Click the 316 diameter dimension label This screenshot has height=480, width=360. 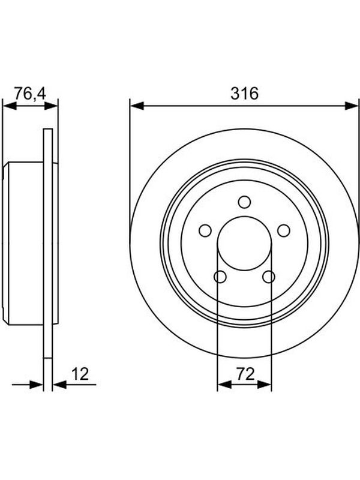pyautogui.click(x=244, y=93)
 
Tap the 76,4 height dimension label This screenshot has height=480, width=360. pyautogui.click(x=30, y=94)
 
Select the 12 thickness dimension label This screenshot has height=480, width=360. pyautogui.click(x=80, y=374)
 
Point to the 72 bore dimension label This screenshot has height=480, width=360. pyautogui.click(x=245, y=374)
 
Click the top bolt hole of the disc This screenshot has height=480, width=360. pyautogui.click(x=244, y=202)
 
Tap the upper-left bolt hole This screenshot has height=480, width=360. pyautogui.click(x=205, y=230)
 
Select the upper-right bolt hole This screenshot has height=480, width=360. pyautogui.click(x=284, y=230)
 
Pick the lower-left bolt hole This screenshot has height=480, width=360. pyautogui.click(x=220, y=277)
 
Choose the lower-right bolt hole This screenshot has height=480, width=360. pyautogui.click(x=269, y=277)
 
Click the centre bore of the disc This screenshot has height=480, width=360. pyautogui.click(x=244, y=244)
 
